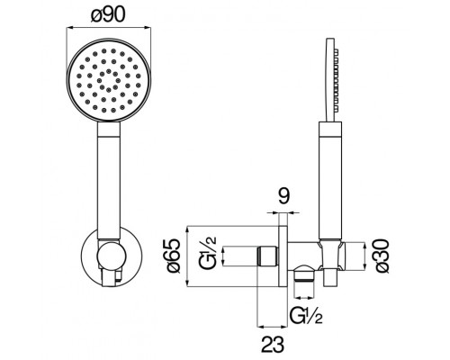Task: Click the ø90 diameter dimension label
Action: coord(107,13)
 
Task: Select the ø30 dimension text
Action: coord(381,256)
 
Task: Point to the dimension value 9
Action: coord(283,196)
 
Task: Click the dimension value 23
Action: coord(273,344)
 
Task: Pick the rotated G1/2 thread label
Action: coord(208,253)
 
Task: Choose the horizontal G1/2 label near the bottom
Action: coord(306,315)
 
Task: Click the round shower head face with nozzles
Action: coord(109,80)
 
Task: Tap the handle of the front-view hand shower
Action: coord(109,181)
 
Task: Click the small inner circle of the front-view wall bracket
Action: coord(111,256)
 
